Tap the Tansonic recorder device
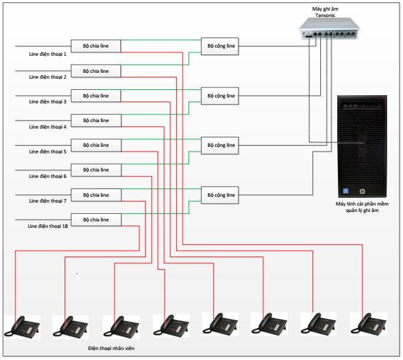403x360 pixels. click(328, 35)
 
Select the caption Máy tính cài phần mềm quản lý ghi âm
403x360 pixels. click(362, 207)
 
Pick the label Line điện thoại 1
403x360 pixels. click(48, 53)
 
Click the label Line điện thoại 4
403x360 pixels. click(48, 127)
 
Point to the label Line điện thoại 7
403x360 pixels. click(48, 201)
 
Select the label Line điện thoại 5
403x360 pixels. click(48, 152)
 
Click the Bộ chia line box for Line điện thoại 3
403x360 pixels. click(96, 96)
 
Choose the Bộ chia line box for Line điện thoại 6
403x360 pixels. click(96, 170)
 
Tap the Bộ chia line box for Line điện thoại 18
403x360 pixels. click(96, 220)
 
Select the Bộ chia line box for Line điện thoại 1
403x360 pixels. click(96, 46)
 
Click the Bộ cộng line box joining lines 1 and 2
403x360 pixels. click(220, 46)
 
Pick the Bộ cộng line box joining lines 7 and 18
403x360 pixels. click(220, 195)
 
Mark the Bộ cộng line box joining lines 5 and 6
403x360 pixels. click(220, 145)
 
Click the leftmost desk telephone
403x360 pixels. click(22, 326)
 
